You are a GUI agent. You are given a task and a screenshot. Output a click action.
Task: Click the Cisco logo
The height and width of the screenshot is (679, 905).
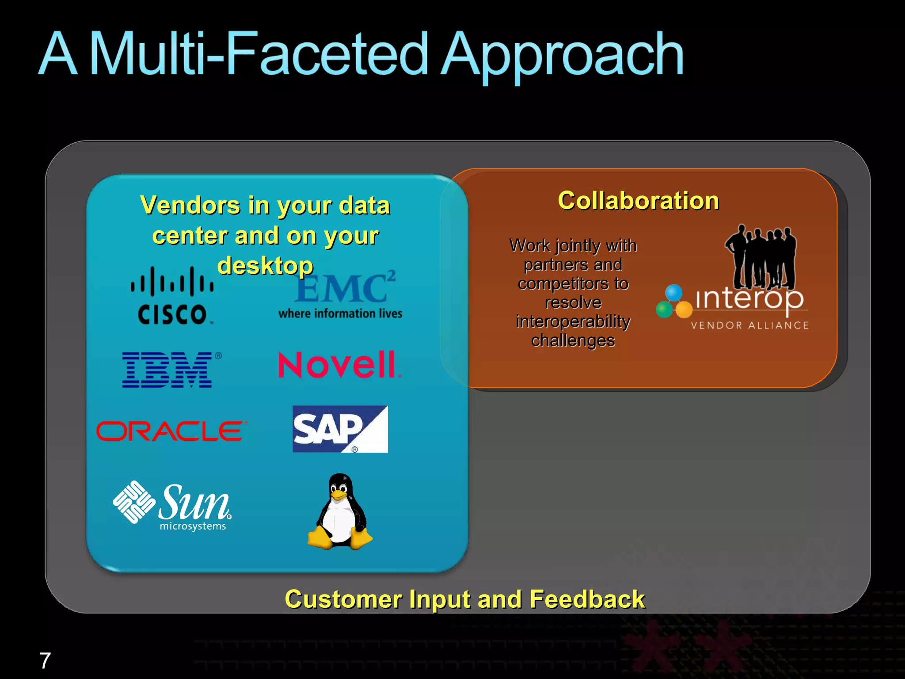(x=172, y=295)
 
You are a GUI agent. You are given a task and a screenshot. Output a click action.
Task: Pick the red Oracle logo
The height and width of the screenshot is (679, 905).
(x=170, y=431)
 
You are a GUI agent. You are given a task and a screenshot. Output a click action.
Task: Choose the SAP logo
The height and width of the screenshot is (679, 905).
(x=339, y=429)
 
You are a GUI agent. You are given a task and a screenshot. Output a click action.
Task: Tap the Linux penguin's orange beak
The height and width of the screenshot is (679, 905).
(x=339, y=495)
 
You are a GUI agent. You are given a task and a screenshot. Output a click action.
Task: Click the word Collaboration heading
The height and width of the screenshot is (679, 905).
(x=638, y=201)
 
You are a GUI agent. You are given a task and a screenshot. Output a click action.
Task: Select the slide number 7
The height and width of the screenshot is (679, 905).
(x=45, y=661)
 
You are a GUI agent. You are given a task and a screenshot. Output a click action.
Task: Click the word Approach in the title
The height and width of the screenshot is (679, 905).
(x=562, y=55)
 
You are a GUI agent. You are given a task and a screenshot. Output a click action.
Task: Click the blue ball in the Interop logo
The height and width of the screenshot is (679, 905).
(x=674, y=292)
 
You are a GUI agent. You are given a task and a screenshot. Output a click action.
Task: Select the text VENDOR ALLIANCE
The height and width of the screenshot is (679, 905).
(x=749, y=325)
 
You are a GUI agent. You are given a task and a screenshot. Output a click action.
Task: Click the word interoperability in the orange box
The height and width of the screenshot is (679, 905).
(x=573, y=321)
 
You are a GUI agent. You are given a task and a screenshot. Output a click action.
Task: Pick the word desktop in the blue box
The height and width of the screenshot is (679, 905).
(x=265, y=266)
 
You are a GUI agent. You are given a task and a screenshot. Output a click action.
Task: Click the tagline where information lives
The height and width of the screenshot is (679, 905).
(x=340, y=313)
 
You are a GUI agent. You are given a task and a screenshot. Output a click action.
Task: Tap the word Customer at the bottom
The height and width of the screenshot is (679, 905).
(x=343, y=599)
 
